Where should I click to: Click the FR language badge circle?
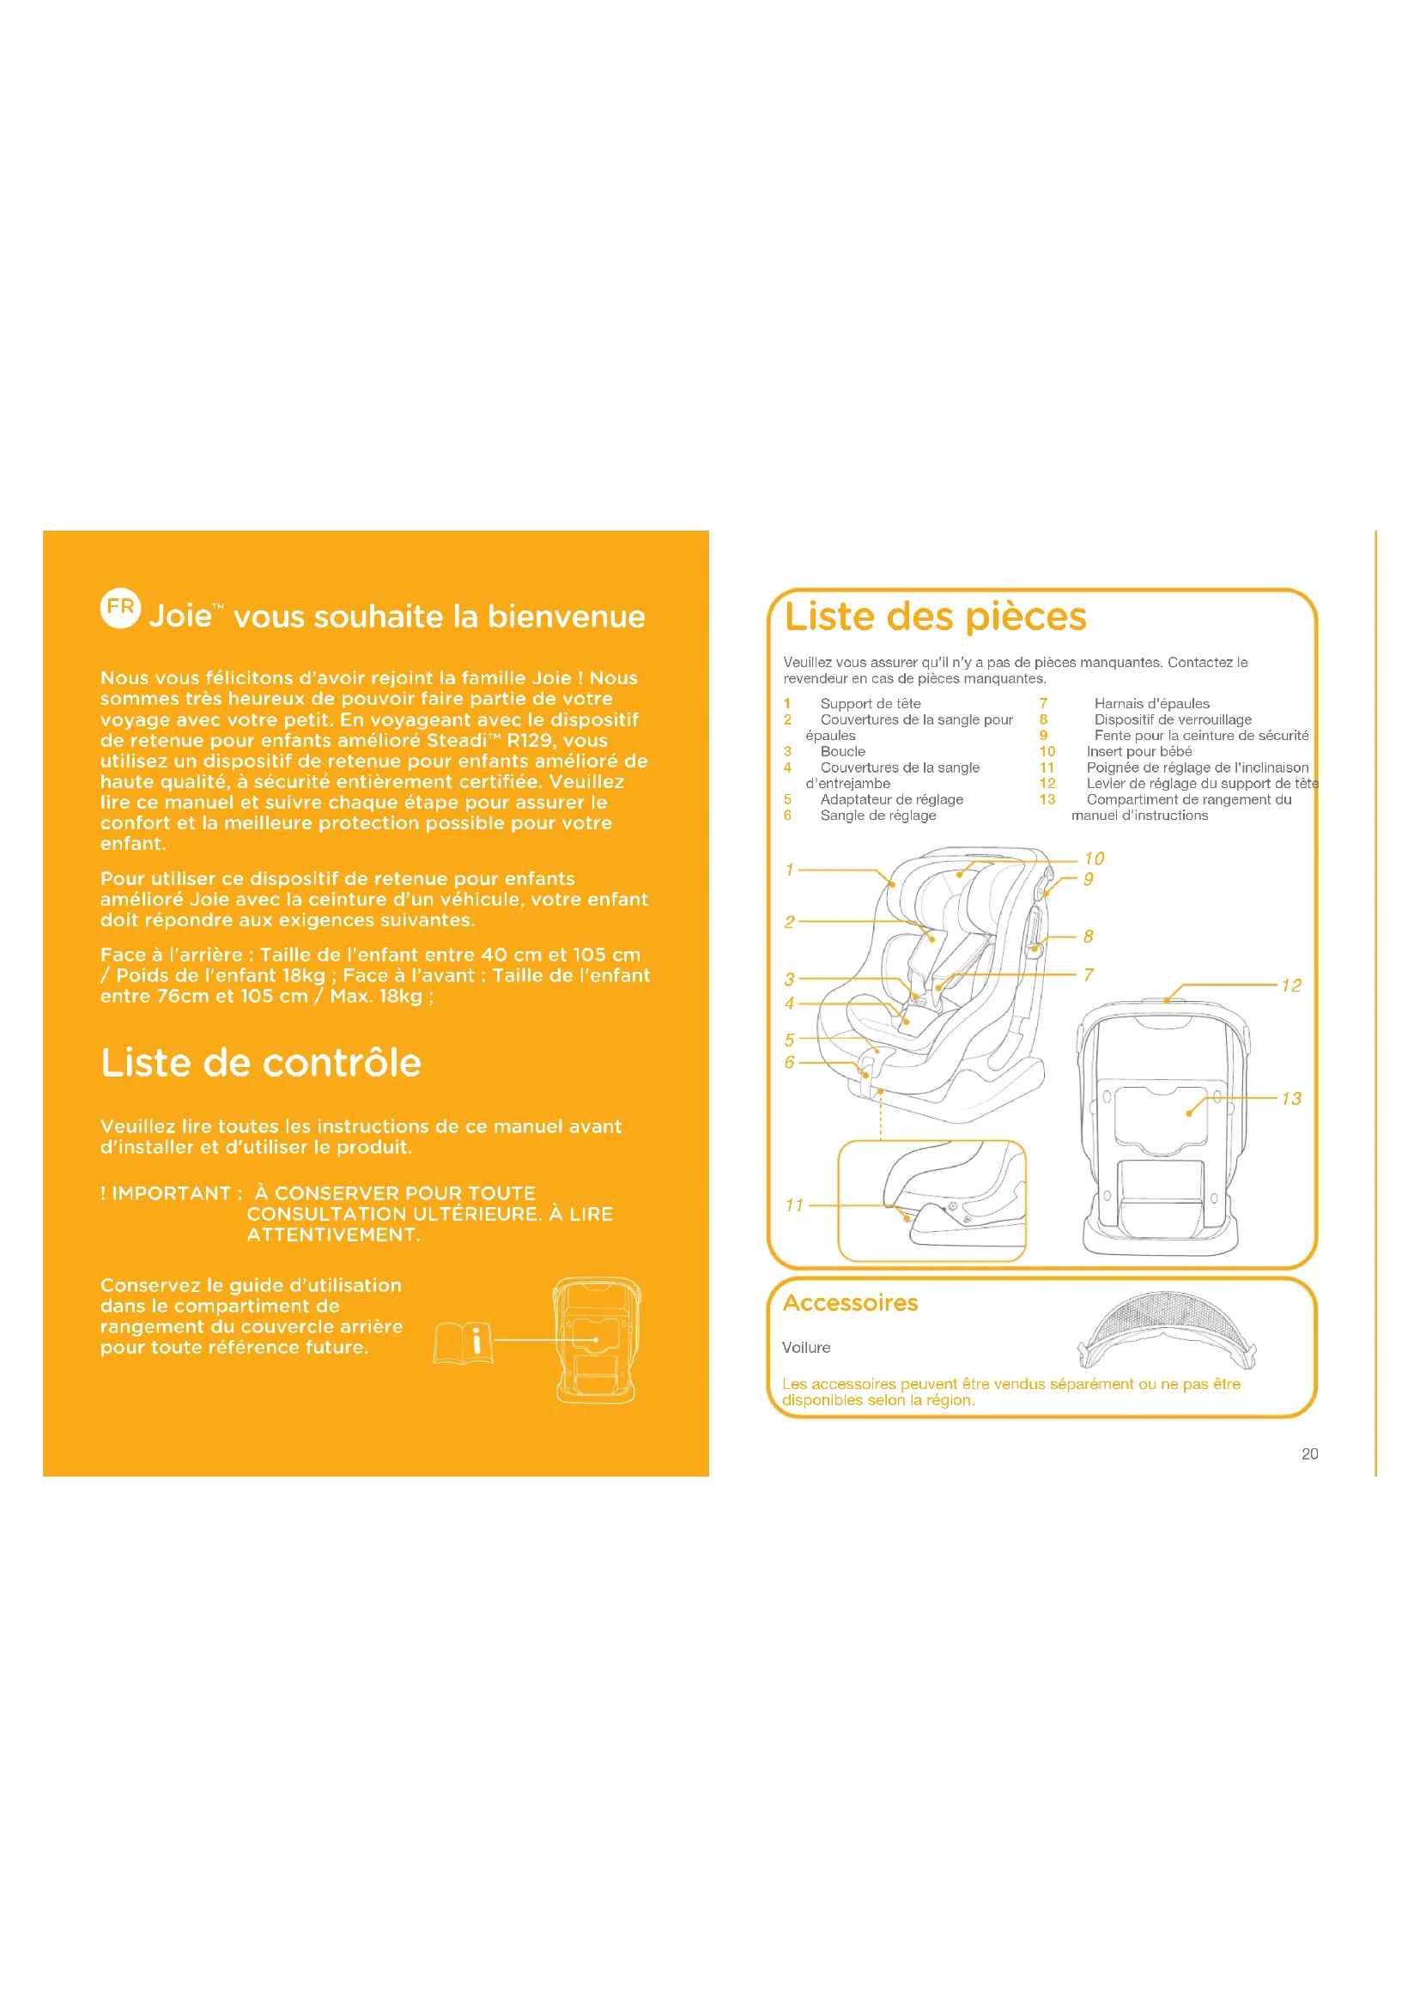[120, 608]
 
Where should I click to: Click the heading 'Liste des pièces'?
[935, 616]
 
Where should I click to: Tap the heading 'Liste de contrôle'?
[261, 1063]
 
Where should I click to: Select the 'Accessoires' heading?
[850, 1303]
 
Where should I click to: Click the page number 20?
[1309, 1453]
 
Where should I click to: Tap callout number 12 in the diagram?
[1290, 986]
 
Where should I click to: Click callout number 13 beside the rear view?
[1290, 1099]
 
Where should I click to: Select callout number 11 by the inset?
[794, 1205]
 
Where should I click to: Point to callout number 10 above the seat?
[1094, 858]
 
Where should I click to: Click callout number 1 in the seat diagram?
[789, 871]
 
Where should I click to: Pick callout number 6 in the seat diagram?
[789, 1063]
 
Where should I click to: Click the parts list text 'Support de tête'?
[870, 704]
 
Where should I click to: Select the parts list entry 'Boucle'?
[842, 751]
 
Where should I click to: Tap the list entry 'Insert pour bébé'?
[1138, 751]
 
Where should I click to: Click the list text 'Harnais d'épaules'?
[1151, 704]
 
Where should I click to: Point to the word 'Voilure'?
[806, 1348]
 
